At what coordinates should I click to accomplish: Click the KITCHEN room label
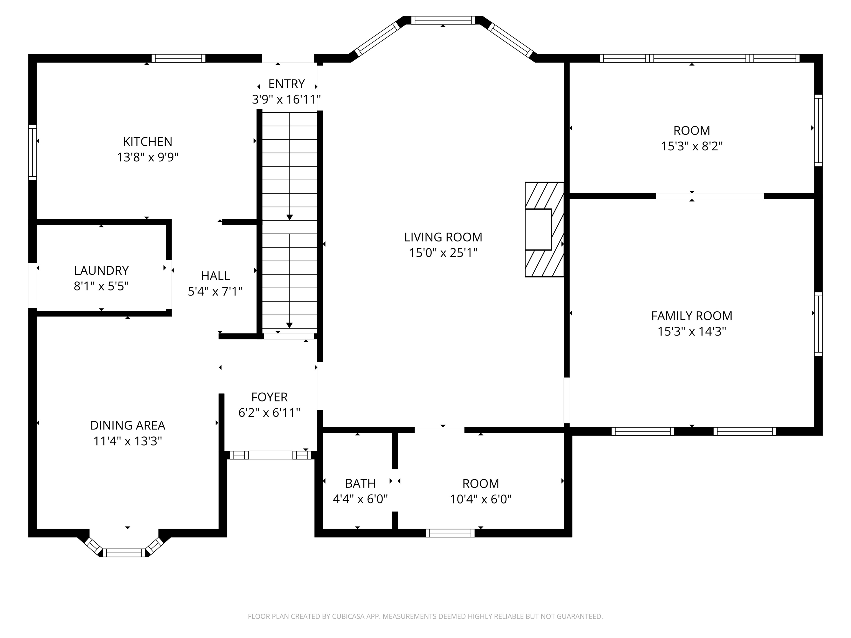pos(147,142)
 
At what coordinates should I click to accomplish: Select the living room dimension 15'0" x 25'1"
pos(443,253)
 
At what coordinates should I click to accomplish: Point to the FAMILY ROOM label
pos(692,316)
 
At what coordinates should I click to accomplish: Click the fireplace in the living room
pos(544,230)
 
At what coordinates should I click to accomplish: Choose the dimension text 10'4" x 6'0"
pos(481,499)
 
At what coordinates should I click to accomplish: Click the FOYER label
pos(269,397)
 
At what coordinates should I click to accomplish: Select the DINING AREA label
pos(128,425)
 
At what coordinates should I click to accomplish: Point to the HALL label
pos(216,276)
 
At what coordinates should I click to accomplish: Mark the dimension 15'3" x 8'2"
pos(692,146)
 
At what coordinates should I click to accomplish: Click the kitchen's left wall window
pos(33,152)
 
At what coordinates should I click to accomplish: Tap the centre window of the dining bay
pos(124,553)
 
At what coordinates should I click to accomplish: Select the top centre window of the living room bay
pos(443,20)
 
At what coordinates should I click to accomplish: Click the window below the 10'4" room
pos(450,533)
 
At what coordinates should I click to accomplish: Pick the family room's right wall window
pos(818,324)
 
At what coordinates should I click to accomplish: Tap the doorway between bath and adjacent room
pos(395,490)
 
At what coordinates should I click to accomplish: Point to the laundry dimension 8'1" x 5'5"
pos(101,287)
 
